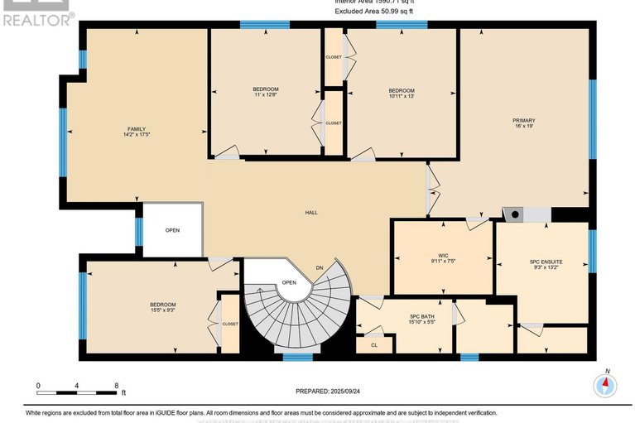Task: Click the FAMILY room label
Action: coord(137,129)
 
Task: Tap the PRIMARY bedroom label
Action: coord(523,121)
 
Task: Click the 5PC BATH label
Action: coord(421,316)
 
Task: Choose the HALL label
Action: coord(311,213)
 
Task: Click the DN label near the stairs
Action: coord(320,267)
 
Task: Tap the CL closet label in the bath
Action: coord(373,344)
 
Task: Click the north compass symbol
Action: coord(607,384)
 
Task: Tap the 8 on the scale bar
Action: coord(117,386)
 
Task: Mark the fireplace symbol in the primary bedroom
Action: coord(515,214)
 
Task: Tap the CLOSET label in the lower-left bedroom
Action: coord(229,324)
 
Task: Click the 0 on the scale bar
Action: coord(38,386)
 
